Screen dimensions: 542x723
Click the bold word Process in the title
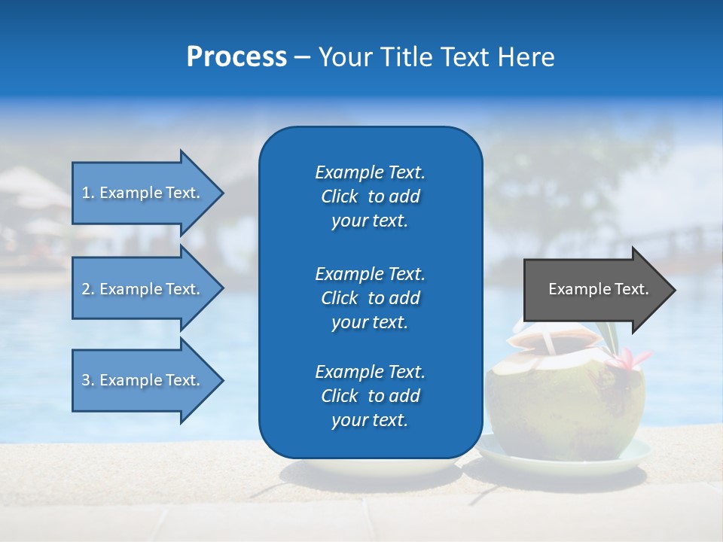pos(236,57)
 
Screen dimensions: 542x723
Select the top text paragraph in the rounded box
pos(370,196)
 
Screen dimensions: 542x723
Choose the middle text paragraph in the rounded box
pos(370,297)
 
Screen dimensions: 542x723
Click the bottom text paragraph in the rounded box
pos(370,396)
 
